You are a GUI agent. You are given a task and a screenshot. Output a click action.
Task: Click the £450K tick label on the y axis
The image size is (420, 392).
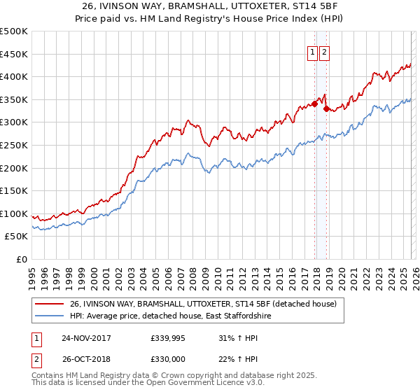point(14,54)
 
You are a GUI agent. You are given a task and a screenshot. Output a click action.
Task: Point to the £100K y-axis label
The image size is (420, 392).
point(14,213)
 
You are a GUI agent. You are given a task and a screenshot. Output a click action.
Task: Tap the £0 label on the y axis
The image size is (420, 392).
point(22,259)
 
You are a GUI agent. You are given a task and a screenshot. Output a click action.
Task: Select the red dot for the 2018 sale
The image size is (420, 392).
point(326,108)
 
